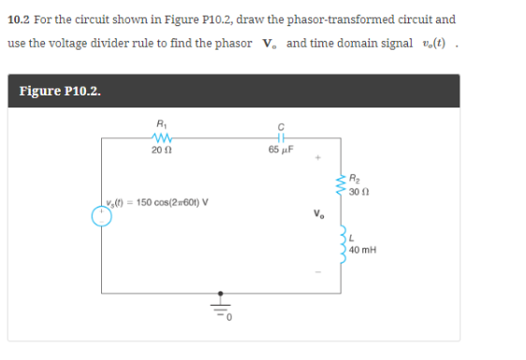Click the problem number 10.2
tap(19, 18)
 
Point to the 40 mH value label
tap(361, 250)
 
